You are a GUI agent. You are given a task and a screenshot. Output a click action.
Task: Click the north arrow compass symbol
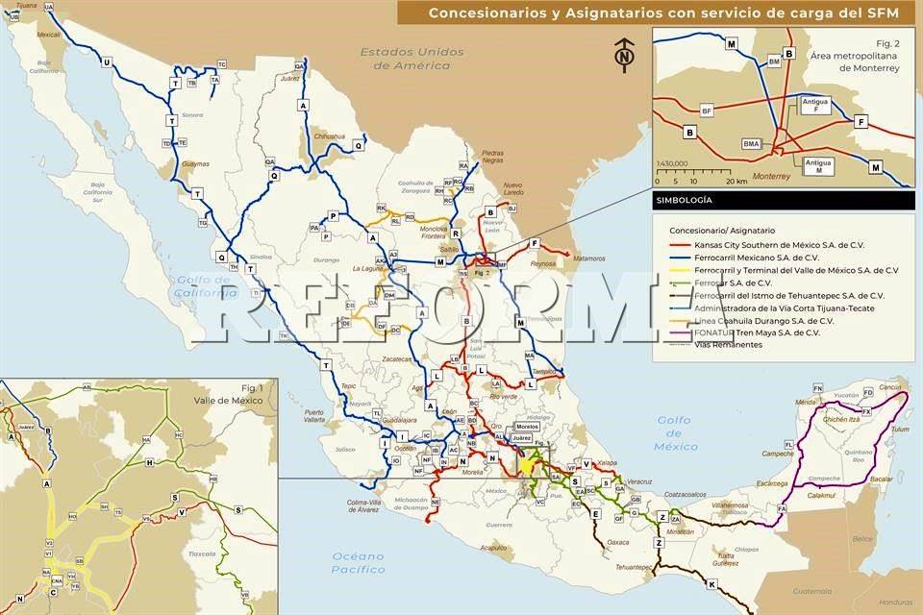coord(626,56)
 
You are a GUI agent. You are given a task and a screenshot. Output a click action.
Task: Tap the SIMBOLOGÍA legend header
coord(684,201)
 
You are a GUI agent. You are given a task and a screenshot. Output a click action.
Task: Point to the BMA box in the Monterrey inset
coord(752,143)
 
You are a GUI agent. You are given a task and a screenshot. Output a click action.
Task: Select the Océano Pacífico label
coord(358,563)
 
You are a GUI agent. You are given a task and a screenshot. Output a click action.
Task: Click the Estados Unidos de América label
coord(413,59)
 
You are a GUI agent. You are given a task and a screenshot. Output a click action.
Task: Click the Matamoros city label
coord(590,258)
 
